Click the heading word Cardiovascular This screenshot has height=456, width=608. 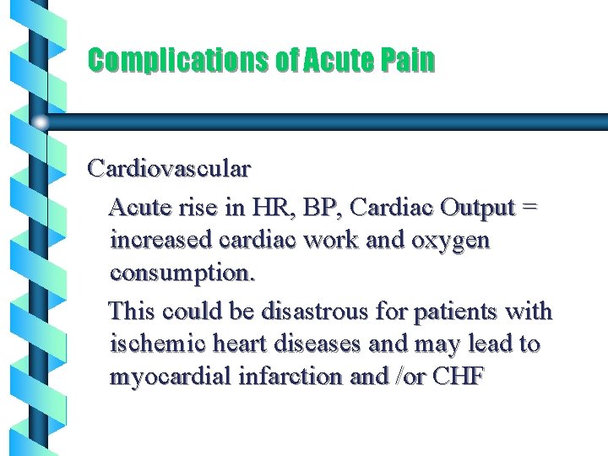(169, 169)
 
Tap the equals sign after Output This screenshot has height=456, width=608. (529, 207)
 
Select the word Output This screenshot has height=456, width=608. (480, 207)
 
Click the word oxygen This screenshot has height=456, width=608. (450, 241)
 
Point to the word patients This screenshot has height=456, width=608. (455, 312)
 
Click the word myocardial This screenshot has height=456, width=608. (167, 377)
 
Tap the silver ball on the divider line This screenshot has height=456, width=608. (40, 122)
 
